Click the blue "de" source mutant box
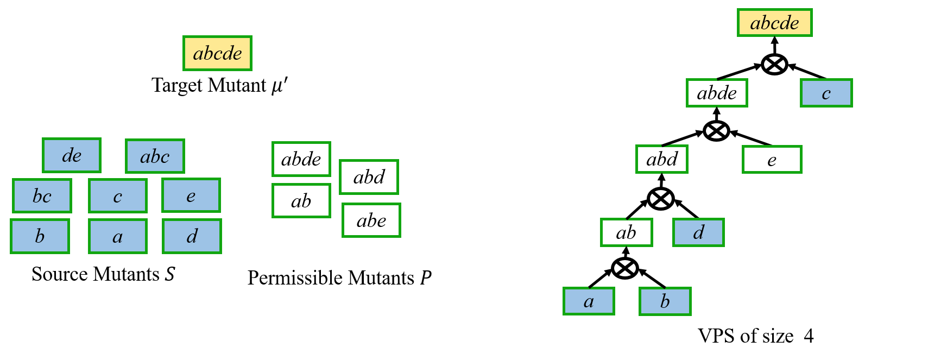tap(72, 155)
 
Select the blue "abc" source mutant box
tap(155, 156)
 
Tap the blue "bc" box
tap(42, 196)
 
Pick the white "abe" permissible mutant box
tap(371, 220)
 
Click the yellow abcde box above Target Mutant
tap(217, 53)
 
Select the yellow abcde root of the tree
tap(775, 23)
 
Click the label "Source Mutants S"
tap(103, 274)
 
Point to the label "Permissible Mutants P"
tap(339, 278)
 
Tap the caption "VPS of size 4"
tap(755, 336)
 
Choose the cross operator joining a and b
tap(625, 268)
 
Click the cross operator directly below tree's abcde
tap(774, 65)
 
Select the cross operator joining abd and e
tap(716, 130)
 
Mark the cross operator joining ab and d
tap(661, 199)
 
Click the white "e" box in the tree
tap(772, 160)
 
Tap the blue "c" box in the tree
tap(826, 93)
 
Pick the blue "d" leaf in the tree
tap(698, 232)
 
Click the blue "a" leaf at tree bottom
tap(589, 301)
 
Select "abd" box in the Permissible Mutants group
tap(369, 177)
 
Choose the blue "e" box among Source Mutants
tap(191, 195)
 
